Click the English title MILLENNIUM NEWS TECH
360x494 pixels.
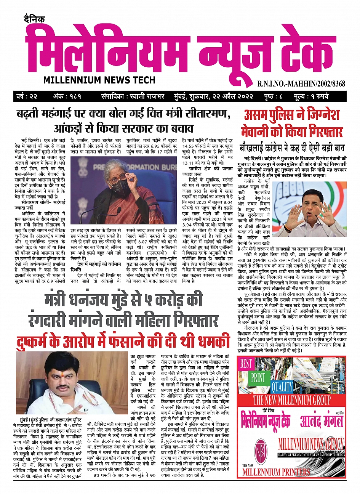(99, 80)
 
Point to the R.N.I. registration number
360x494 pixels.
(301, 83)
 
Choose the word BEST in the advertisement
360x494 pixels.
(246, 363)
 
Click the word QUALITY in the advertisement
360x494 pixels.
(282, 387)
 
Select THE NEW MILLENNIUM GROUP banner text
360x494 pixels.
(292, 400)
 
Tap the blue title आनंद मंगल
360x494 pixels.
(321, 421)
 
